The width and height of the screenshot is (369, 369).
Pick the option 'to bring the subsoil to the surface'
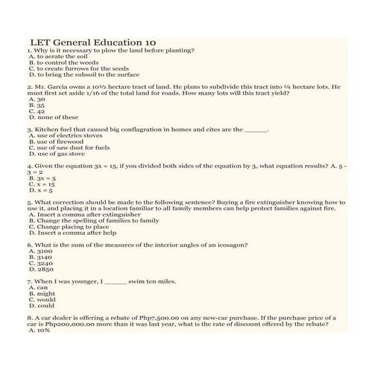point(83,75)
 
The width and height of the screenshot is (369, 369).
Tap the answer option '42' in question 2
point(37,111)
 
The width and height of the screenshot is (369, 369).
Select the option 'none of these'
point(53,117)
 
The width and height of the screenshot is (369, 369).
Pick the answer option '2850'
point(40,269)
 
